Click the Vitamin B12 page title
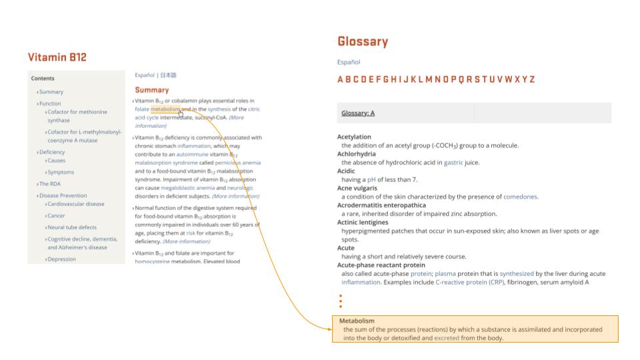(x=57, y=57)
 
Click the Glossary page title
(x=363, y=42)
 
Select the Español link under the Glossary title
(x=349, y=62)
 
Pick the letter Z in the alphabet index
(x=531, y=79)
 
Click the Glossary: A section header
(x=358, y=113)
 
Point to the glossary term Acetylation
(x=354, y=137)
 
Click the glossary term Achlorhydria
(x=356, y=154)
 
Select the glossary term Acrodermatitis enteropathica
(x=381, y=205)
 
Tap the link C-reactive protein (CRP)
(x=470, y=282)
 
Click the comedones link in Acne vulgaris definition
(x=520, y=197)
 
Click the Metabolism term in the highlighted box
(x=357, y=321)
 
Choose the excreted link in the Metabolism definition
(x=446, y=338)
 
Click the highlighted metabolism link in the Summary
(x=165, y=109)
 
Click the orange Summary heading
(x=152, y=90)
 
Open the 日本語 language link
(x=168, y=75)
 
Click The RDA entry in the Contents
(x=49, y=183)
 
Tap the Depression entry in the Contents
(x=61, y=259)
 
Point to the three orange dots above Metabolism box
(x=341, y=301)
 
